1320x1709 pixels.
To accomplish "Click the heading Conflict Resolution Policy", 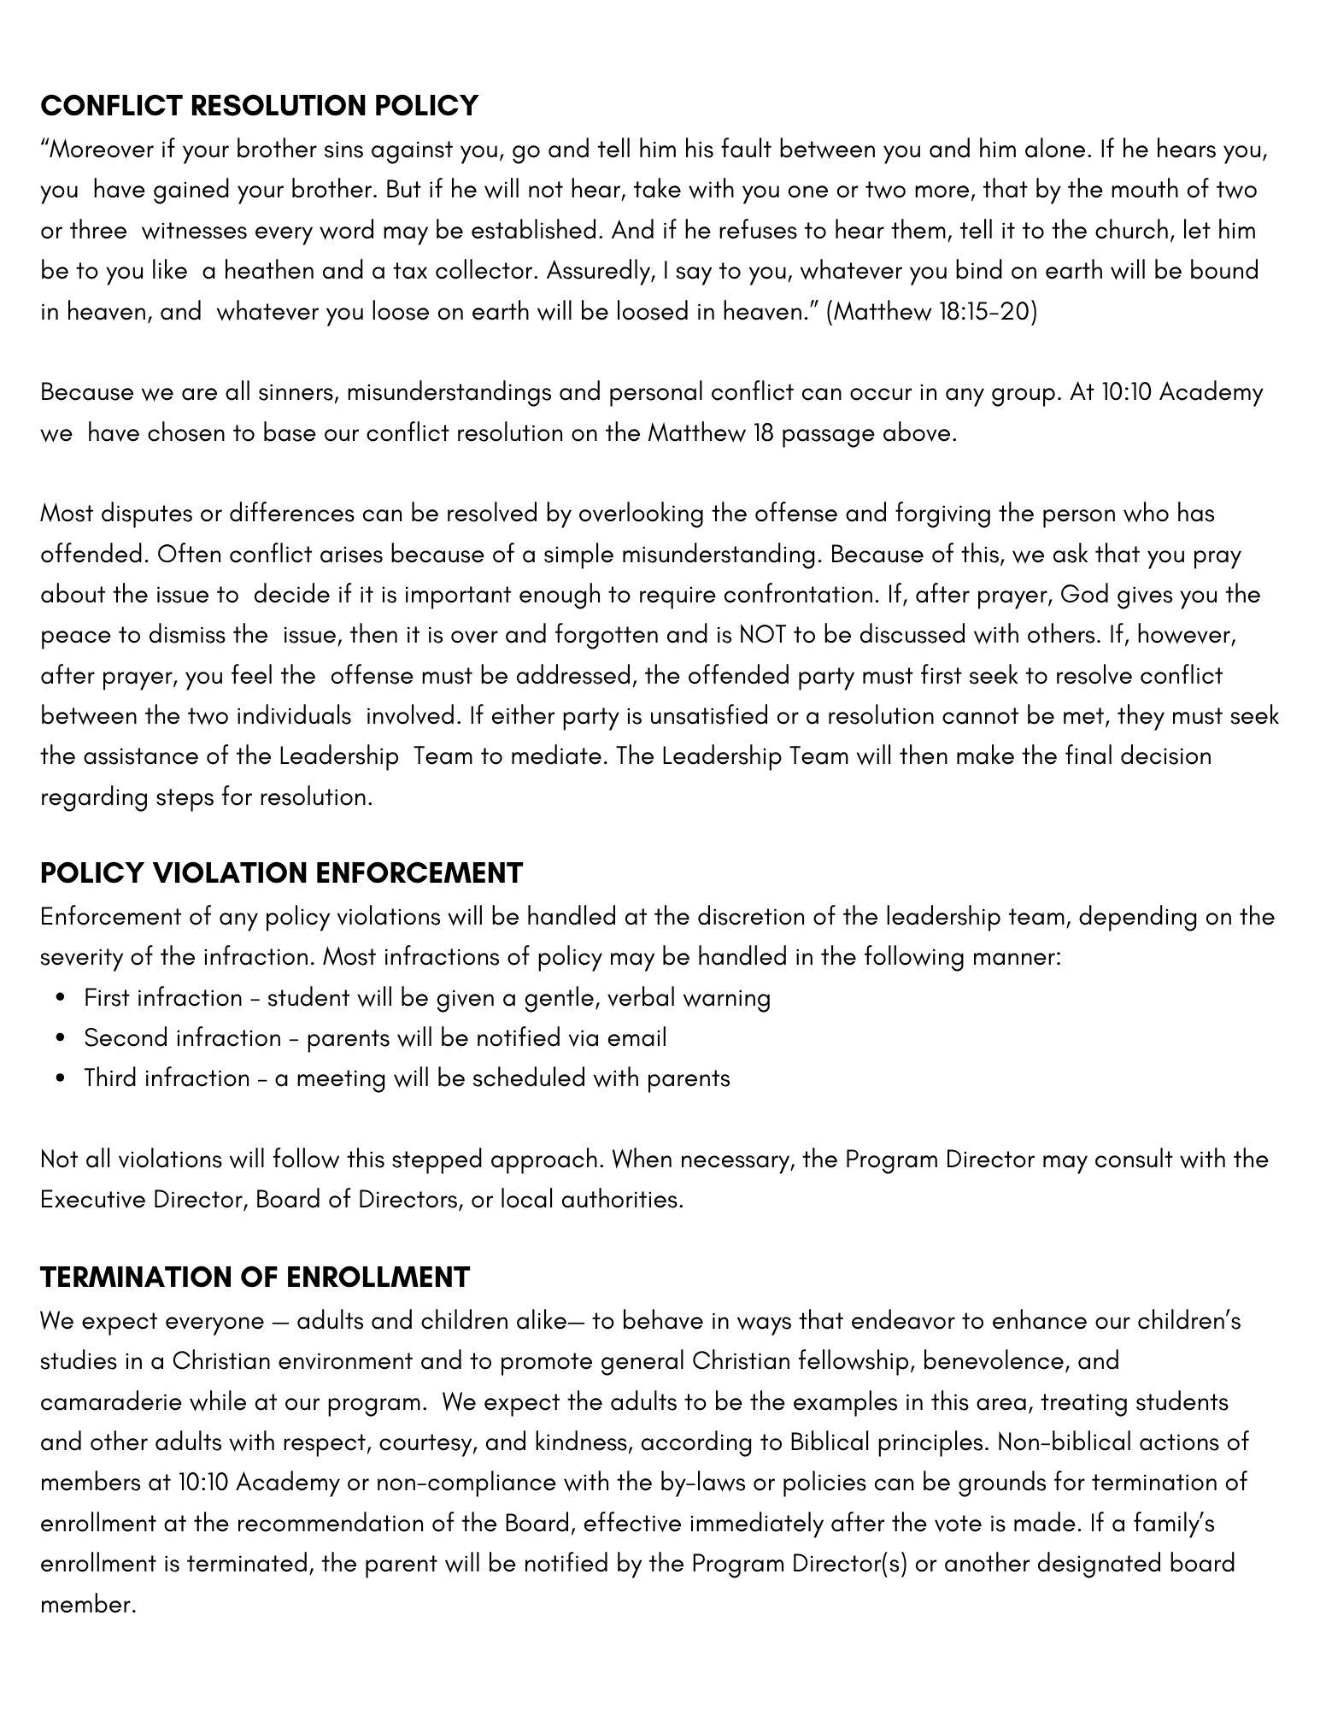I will pos(259,105).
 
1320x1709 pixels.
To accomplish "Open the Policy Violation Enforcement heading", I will pos(281,872).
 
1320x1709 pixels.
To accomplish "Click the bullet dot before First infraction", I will pos(60,998).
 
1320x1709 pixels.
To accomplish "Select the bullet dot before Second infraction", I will pos(60,1038).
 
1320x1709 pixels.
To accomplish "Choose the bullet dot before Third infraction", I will pos(60,1078).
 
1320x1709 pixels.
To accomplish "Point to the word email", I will pos(637,1038).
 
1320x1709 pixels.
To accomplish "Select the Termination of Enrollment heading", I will pos(255,1277).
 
